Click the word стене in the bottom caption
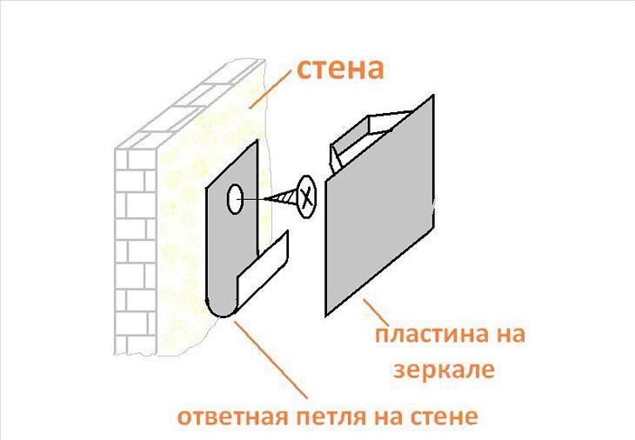444,417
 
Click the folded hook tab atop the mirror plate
357,139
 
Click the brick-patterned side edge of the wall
135,243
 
